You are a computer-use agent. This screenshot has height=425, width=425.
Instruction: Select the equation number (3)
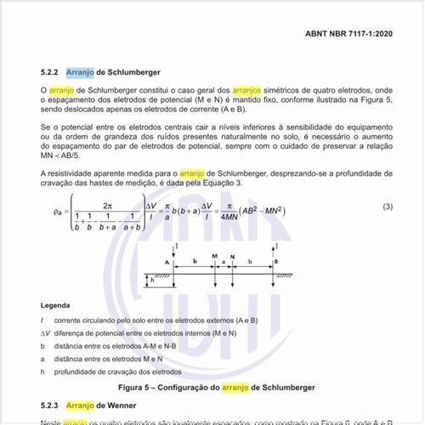point(387,207)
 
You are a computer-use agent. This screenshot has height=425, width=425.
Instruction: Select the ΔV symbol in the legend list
point(46,333)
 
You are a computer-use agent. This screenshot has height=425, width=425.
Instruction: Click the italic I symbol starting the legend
point(42,320)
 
